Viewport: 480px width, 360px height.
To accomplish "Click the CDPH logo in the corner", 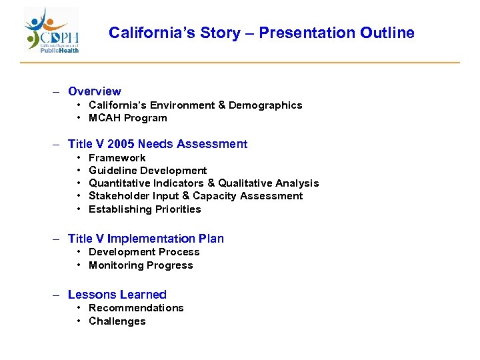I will pos(52,31).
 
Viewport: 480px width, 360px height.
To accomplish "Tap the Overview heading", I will pos(95,91).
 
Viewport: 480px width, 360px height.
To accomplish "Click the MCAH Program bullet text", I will pos(128,118).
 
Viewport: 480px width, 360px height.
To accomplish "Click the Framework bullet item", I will pos(117,158).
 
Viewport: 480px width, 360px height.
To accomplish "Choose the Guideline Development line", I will pos(147,171).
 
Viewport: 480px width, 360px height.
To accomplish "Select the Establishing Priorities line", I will pos(145,209).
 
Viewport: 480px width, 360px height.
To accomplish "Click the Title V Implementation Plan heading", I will pos(146,239).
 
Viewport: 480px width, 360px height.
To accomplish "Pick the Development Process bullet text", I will pos(144,252).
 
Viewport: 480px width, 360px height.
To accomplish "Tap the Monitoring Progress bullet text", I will pos(141,265).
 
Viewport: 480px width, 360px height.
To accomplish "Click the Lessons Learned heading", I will pos(117,295).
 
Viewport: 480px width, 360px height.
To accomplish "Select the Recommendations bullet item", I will pos(136,308).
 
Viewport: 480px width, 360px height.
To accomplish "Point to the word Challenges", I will pos(117,321).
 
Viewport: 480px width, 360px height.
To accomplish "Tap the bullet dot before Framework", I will pos(79,158).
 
